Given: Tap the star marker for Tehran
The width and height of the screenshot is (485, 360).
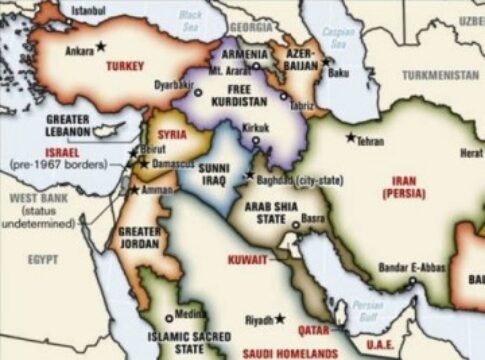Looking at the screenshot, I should [x=350, y=137].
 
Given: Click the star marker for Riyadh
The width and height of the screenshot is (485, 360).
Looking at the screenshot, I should [x=280, y=318].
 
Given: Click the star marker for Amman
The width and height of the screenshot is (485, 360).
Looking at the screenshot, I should [x=134, y=189].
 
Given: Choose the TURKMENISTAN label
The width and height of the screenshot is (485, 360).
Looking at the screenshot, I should [x=441, y=75].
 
